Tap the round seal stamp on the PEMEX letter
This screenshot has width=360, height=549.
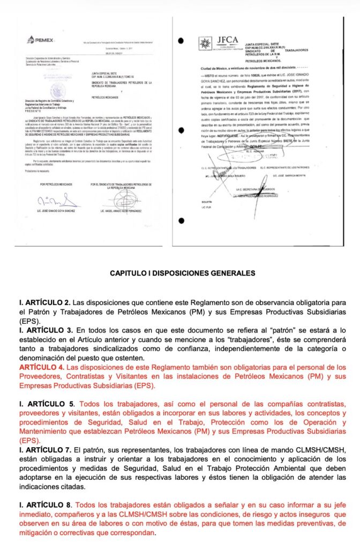tap(55, 89)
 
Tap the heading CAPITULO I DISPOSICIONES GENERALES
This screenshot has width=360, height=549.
tap(179, 273)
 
